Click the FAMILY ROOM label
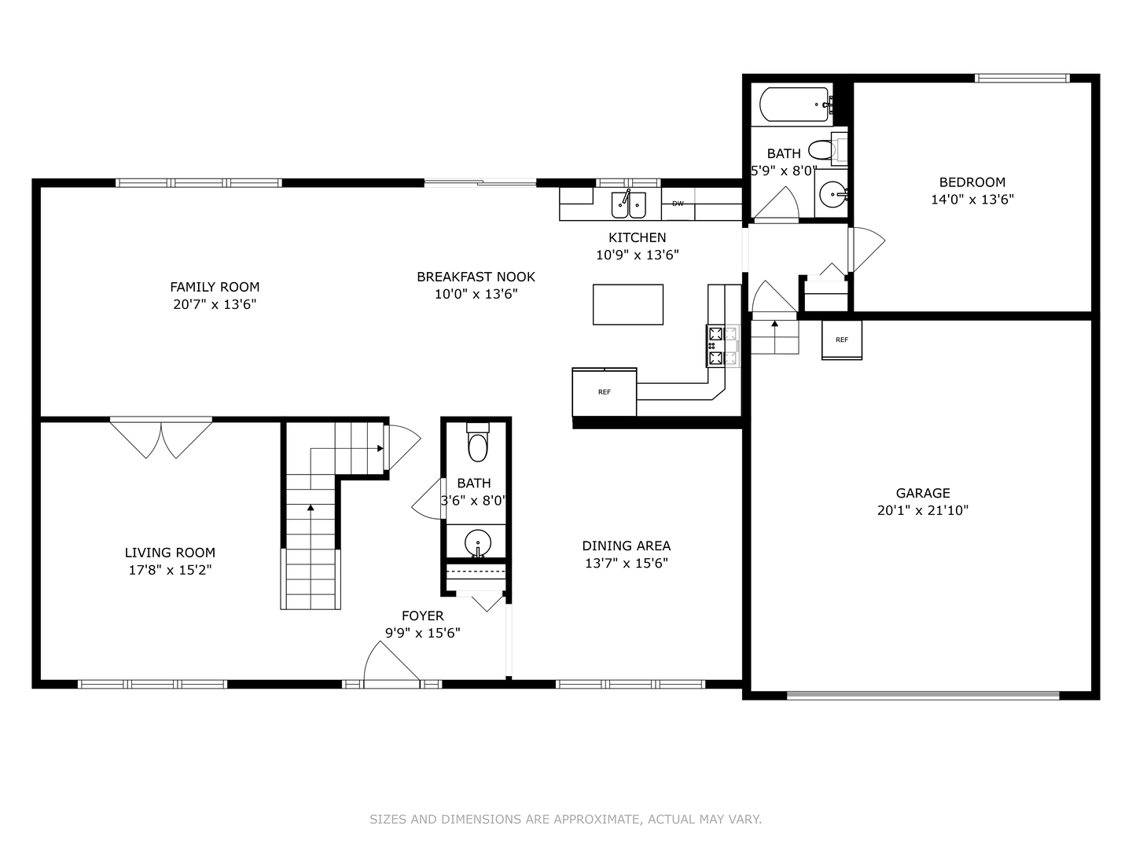coord(215,287)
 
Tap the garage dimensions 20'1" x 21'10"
coord(923,510)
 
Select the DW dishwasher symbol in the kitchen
coord(678,204)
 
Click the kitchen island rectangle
coord(627,304)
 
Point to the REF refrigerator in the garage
coord(842,340)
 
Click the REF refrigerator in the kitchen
coord(604,391)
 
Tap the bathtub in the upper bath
coord(795,104)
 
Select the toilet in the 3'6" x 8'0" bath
coord(478,445)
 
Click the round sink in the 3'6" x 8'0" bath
coord(477,542)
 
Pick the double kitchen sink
coord(629,204)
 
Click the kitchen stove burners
coord(722,346)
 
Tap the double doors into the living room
coord(161,439)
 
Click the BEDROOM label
coord(972,182)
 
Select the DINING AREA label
coord(627,546)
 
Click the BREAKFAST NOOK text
coord(476,277)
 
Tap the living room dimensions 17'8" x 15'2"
coord(170,570)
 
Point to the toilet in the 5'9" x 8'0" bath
coord(821,149)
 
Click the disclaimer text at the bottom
coord(565,819)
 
